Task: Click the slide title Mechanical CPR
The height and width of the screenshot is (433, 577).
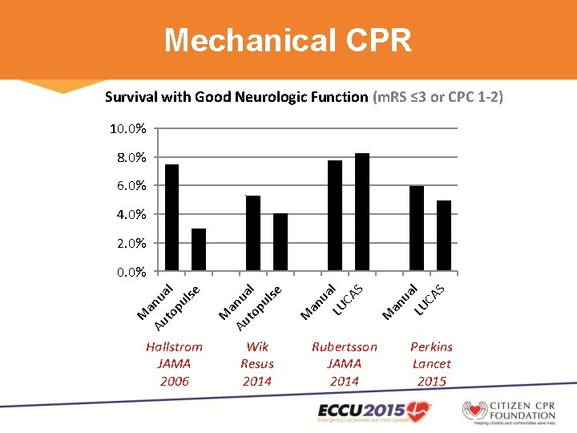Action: [x=288, y=39]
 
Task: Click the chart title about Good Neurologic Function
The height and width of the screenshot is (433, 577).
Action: [x=304, y=97]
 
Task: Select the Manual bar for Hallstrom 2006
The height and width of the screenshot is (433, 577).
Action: [x=171, y=217]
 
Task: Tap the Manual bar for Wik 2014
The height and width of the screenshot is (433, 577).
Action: [x=253, y=233]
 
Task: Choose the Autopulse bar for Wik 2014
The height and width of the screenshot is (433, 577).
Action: [x=280, y=242]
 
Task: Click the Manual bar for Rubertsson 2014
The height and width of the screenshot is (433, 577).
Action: [x=335, y=216]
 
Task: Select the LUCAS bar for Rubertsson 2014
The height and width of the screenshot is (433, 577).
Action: [x=362, y=212]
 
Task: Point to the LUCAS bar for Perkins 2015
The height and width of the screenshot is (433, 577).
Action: [x=444, y=236]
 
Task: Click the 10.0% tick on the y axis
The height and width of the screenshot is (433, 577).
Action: [x=127, y=129]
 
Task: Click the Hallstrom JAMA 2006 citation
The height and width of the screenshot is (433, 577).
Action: [x=174, y=364]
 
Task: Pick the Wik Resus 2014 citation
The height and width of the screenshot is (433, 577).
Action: [x=257, y=364]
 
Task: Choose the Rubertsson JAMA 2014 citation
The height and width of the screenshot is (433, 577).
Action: [x=344, y=364]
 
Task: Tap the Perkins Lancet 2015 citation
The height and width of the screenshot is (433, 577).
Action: [x=431, y=364]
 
